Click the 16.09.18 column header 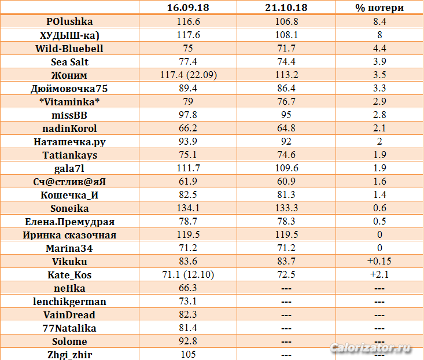(x=188, y=8)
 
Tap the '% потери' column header (x=379, y=8)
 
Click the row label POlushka (x=69, y=21)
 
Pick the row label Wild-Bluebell (x=69, y=48)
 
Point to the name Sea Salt (x=69, y=61)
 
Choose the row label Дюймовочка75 (x=69, y=89)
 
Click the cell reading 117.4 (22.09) (x=188, y=75)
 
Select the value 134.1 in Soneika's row (x=188, y=208)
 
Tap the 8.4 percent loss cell (x=379, y=21)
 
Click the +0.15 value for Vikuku (x=379, y=262)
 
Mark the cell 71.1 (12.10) (x=188, y=275)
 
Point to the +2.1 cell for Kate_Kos (x=379, y=275)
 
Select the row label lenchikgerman (x=69, y=302)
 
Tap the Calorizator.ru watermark (x=370, y=348)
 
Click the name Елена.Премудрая (x=69, y=222)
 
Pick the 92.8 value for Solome (x=188, y=341)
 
